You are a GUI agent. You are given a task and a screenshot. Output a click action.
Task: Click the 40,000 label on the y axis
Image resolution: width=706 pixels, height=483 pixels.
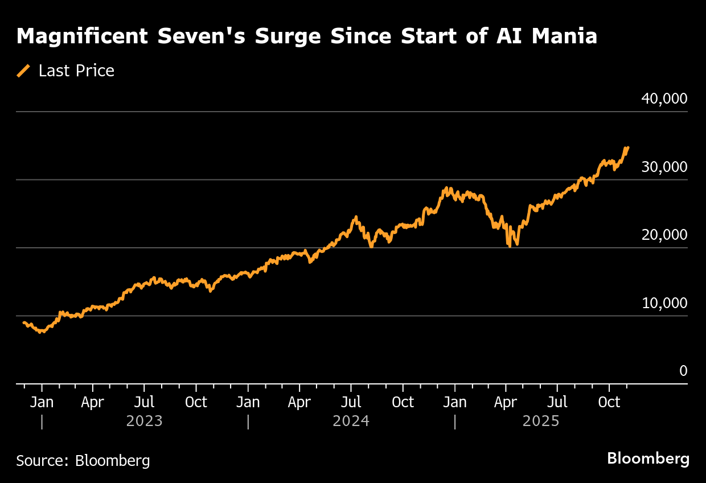click(x=664, y=99)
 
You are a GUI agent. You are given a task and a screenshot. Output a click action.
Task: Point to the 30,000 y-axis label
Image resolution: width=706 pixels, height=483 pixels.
click(x=664, y=167)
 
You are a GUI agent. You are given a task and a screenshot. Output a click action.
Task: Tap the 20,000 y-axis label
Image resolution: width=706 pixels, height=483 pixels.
click(x=664, y=235)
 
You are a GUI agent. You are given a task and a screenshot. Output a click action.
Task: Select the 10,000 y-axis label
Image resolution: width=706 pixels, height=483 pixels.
click(x=664, y=303)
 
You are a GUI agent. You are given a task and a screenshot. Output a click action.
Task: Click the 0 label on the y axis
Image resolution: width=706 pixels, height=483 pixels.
click(x=683, y=371)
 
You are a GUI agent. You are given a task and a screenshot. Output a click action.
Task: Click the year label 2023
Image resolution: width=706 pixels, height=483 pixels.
click(x=144, y=421)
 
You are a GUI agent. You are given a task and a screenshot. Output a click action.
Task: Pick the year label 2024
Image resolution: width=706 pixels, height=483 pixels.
click(x=351, y=421)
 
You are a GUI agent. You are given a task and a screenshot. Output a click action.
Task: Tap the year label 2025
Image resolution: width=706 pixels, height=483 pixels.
click(x=541, y=421)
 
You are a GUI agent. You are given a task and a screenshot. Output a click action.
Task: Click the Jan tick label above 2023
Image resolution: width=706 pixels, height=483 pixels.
click(x=42, y=402)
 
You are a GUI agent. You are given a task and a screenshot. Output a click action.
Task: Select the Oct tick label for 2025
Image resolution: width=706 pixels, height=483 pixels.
click(x=609, y=402)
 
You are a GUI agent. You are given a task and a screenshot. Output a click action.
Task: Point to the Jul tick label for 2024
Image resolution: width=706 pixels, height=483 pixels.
click(x=351, y=402)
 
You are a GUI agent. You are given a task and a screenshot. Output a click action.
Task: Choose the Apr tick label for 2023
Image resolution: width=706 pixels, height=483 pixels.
click(x=92, y=402)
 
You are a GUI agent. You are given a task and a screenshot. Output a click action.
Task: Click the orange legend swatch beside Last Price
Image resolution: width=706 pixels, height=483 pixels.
click(x=23, y=71)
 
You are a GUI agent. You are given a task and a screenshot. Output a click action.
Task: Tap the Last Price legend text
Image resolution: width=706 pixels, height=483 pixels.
click(x=76, y=71)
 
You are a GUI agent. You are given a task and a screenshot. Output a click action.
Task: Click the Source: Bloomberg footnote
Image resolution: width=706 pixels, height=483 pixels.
click(x=83, y=460)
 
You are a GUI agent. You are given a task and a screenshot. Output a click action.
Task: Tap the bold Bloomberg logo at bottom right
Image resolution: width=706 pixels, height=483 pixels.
click(x=648, y=459)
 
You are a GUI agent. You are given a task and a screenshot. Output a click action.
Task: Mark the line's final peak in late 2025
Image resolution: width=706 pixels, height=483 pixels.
click(x=627, y=148)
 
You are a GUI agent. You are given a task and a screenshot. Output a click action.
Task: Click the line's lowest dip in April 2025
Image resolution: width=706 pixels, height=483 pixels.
click(x=510, y=245)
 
